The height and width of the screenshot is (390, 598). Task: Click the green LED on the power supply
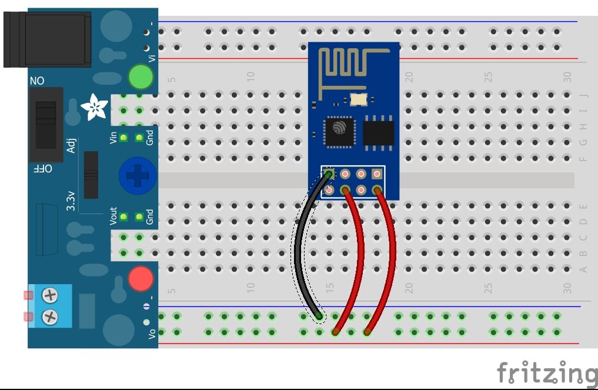pyautogui.click(x=141, y=77)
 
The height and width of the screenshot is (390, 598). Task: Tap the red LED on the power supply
pyautogui.click(x=141, y=278)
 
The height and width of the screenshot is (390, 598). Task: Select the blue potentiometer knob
pyautogui.click(x=136, y=175)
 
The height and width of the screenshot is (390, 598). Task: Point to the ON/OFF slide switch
pyautogui.click(x=46, y=124)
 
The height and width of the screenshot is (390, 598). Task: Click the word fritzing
pyautogui.click(x=546, y=374)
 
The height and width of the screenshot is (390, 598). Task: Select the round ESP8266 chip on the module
pyautogui.click(x=338, y=131)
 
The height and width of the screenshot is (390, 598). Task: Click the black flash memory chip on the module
pyautogui.click(x=378, y=131)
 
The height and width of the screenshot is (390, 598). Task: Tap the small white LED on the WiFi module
pyautogui.click(x=358, y=100)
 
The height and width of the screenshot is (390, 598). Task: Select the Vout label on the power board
pyautogui.click(x=113, y=216)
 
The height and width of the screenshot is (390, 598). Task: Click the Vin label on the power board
pyautogui.click(x=113, y=138)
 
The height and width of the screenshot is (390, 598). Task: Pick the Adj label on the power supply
pyautogui.click(x=71, y=144)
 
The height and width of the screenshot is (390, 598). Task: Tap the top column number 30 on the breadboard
pyautogui.click(x=567, y=76)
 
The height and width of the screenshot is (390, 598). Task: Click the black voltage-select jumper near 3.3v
pyautogui.click(x=91, y=175)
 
